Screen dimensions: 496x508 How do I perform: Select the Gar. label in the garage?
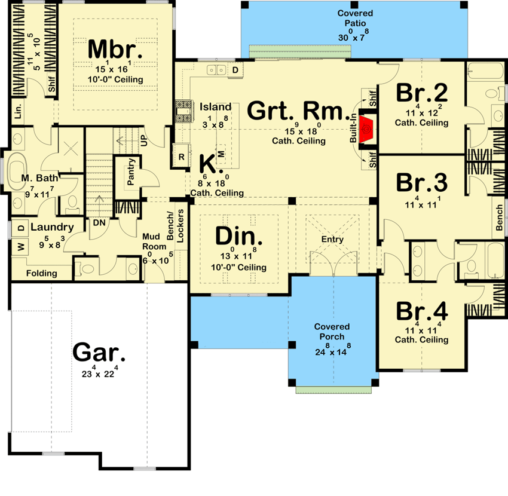click(99, 353)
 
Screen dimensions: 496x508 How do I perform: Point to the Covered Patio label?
click(355, 18)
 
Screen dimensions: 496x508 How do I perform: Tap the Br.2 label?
click(422, 93)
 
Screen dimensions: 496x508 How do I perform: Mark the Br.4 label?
click(422, 311)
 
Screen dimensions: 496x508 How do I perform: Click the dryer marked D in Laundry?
click(21, 228)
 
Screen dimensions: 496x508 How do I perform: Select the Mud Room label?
click(154, 241)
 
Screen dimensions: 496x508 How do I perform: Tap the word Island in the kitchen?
click(215, 107)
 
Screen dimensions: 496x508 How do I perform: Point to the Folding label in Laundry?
click(42, 273)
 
